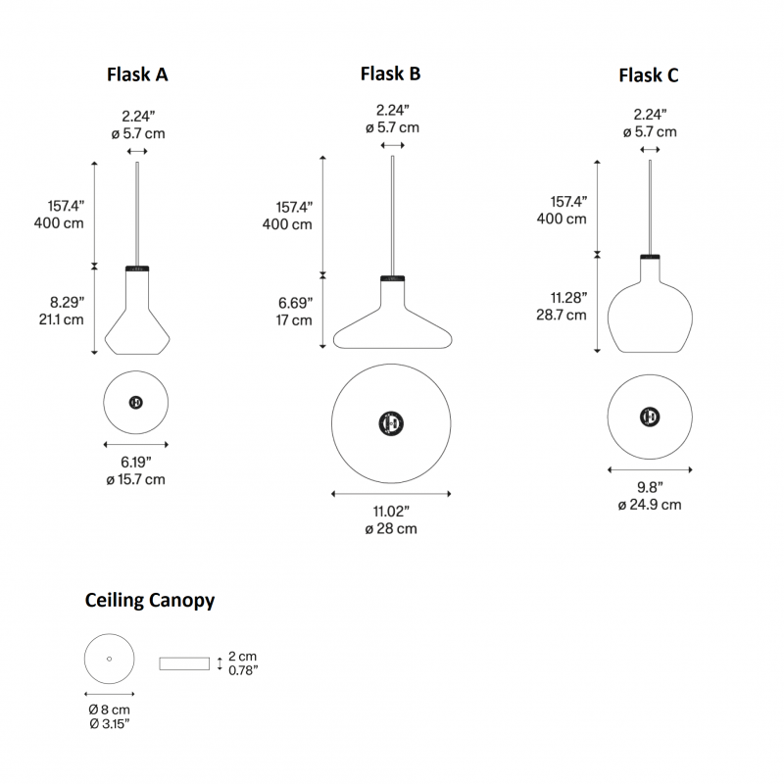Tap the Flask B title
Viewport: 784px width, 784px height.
pyautogui.click(x=390, y=73)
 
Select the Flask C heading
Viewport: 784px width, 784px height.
pyautogui.click(x=648, y=75)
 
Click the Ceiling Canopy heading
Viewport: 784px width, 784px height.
pyautogui.click(x=150, y=601)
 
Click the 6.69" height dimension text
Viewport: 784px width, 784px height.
pyautogui.click(x=294, y=303)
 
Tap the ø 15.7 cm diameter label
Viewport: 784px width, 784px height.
pyautogui.click(x=136, y=479)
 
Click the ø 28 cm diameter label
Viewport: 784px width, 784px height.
pyautogui.click(x=391, y=528)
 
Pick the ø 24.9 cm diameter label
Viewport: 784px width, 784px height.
pyautogui.click(x=649, y=505)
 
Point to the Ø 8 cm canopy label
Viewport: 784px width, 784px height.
pyautogui.click(x=109, y=709)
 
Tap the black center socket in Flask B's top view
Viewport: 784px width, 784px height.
pyautogui.click(x=391, y=422)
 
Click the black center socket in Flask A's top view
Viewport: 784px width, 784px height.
pyautogui.click(x=136, y=403)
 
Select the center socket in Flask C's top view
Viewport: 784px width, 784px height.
pyautogui.click(x=648, y=415)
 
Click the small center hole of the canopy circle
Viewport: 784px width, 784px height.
pyautogui.click(x=109, y=658)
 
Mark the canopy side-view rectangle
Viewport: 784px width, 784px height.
pyautogui.click(x=185, y=663)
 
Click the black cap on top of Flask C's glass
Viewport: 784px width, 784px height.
pyautogui.click(x=649, y=257)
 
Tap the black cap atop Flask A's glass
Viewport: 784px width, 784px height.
pyautogui.click(x=136, y=268)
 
